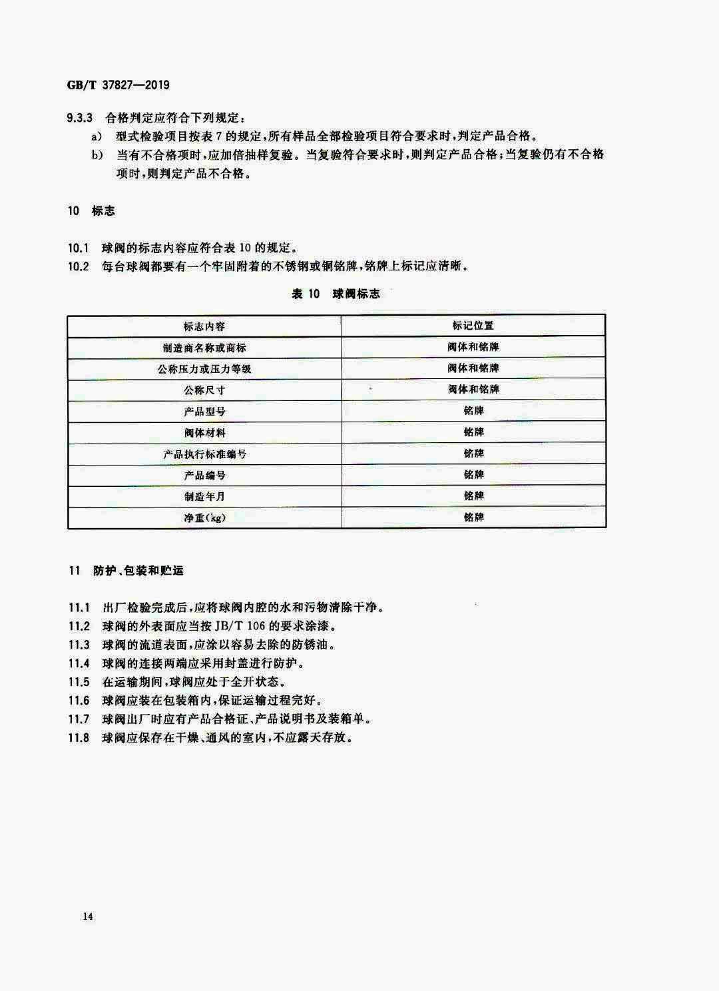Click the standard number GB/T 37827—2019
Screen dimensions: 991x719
point(119,85)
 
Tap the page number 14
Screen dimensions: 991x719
point(89,916)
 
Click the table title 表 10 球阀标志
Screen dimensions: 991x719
point(336,294)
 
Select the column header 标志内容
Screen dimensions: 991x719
point(204,326)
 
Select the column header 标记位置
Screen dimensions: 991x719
point(473,326)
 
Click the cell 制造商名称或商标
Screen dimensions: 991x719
point(204,348)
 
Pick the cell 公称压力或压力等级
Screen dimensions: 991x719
point(204,369)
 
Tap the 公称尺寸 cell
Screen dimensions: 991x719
point(204,390)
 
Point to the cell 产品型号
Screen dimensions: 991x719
point(204,412)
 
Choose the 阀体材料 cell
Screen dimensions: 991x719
point(204,433)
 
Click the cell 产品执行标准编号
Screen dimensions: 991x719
point(204,454)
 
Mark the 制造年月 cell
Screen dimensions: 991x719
point(204,497)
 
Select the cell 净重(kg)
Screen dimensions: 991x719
point(204,517)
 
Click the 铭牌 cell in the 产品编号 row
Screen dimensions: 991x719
point(473,475)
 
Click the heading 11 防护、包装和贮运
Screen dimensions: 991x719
point(126,571)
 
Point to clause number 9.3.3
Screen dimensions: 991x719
point(81,118)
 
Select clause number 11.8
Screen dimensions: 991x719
point(79,738)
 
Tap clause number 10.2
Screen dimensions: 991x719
point(79,266)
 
